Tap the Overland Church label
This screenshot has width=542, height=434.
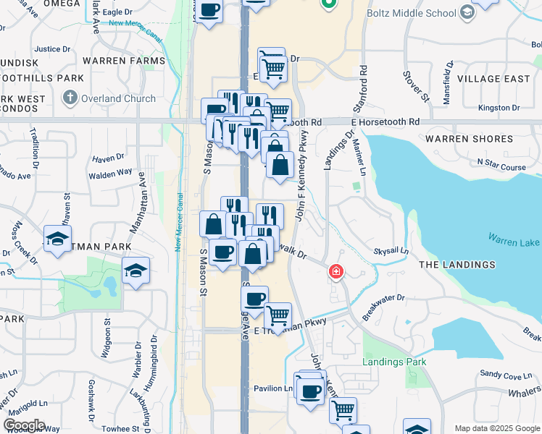[x=118, y=98]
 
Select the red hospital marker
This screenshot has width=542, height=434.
[x=335, y=272]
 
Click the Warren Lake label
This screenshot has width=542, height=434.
[x=512, y=238]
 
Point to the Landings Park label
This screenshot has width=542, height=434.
[x=395, y=361]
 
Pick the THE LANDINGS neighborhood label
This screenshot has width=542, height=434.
[x=457, y=265]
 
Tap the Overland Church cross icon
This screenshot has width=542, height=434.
[x=70, y=98]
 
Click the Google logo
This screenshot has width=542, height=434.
[x=23, y=425]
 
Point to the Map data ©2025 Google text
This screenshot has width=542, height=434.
[x=496, y=428]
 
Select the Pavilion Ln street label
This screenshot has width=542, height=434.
[x=272, y=388]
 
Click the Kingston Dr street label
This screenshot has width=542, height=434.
[x=499, y=108]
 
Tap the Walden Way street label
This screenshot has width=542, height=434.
[x=110, y=173]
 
